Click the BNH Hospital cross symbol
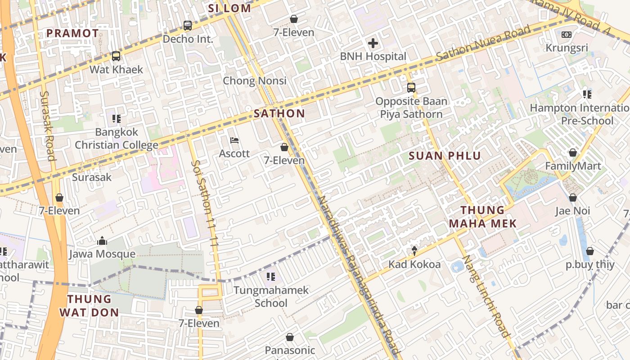click(x=373, y=44)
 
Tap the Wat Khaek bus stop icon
click(x=116, y=56)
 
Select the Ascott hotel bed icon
click(x=234, y=140)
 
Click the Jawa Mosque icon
click(x=102, y=241)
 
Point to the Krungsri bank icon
click(x=567, y=35)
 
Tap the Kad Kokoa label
click(x=414, y=264)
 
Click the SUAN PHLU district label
click(x=445, y=156)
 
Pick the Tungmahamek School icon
click(x=270, y=276)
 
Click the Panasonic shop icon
click(x=290, y=337)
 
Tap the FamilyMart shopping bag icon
click(x=573, y=153)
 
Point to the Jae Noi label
click(x=572, y=211)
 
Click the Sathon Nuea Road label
click(x=483, y=44)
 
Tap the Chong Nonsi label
click(x=255, y=81)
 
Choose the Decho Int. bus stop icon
click(x=188, y=26)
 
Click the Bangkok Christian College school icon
click(x=117, y=119)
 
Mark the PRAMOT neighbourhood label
click(x=72, y=33)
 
